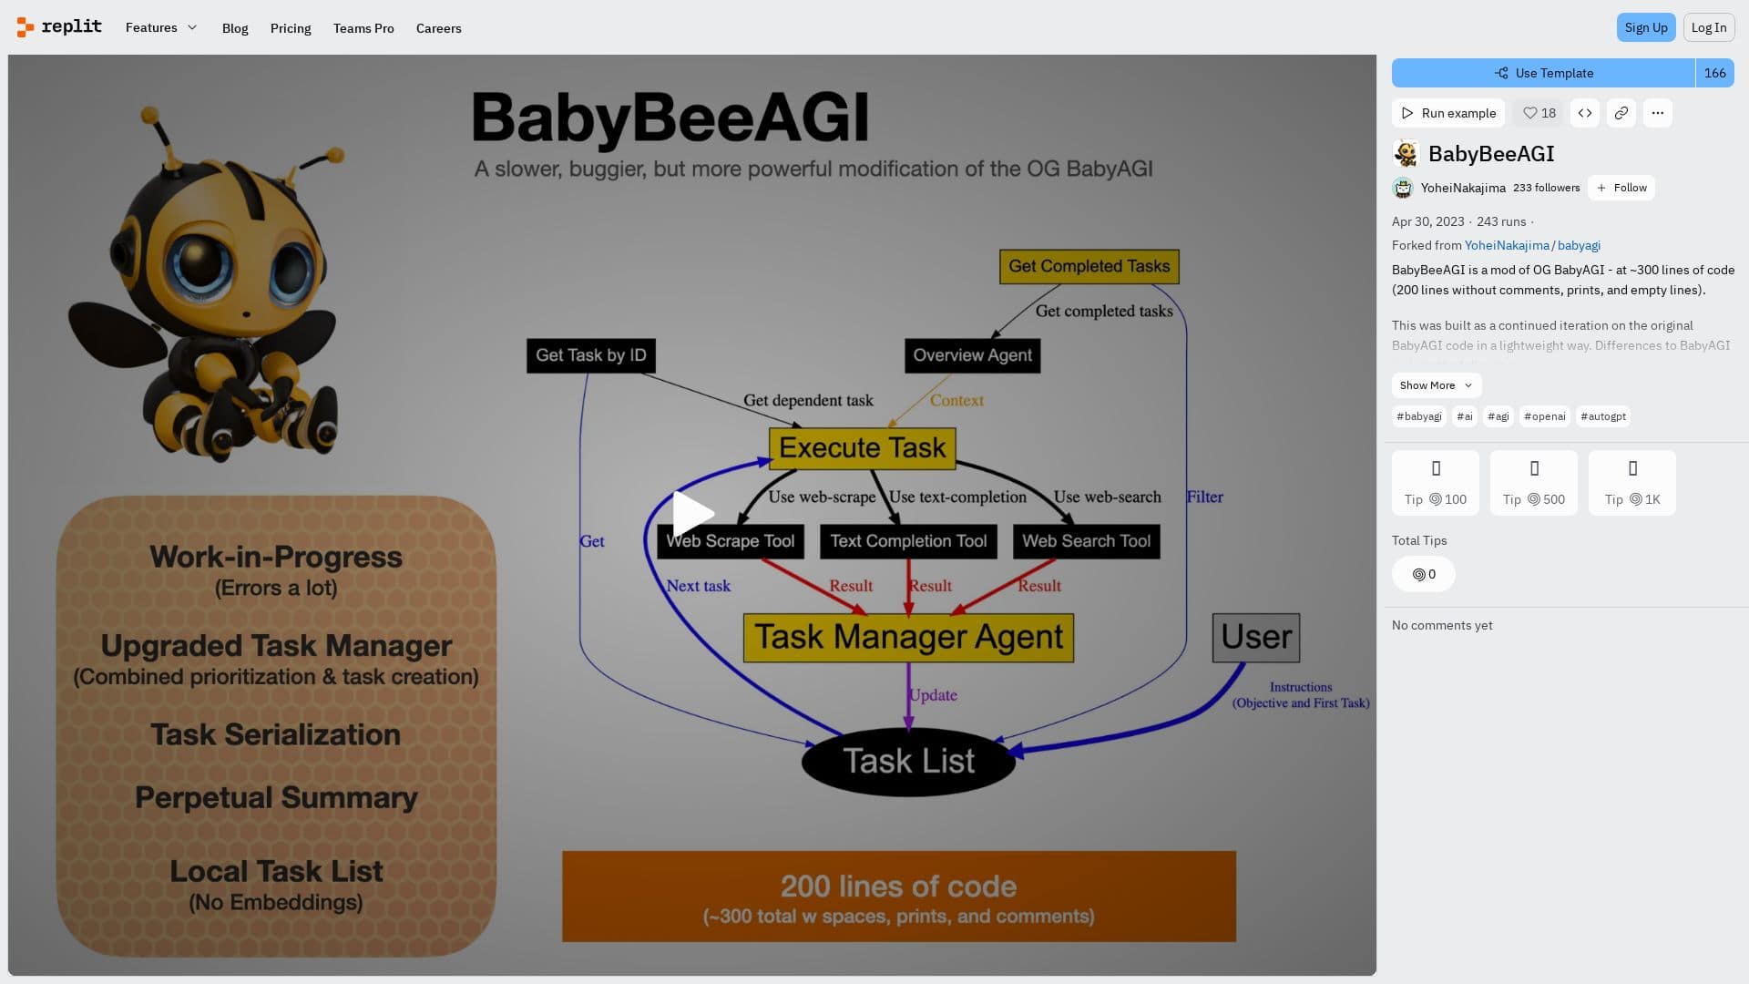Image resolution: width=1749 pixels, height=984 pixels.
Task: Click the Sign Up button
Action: pyautogui.click(x=1645, y=27)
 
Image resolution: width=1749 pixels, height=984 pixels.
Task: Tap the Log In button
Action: pyautogui.click(x=1708, y=27)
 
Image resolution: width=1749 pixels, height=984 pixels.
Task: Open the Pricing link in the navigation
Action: pyautogui.click(x=291, y=28)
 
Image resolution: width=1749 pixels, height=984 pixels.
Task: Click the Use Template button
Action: pyautogui.click(x=1543, y=73)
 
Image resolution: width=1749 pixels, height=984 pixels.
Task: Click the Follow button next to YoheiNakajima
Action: pyautogui.click(x=1621, y=188)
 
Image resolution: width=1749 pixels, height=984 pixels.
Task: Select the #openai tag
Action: pyautogui.click(x=1544, y=416)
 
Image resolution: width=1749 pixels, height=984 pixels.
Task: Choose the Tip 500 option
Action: pyautogui.click(x=1533, y=483)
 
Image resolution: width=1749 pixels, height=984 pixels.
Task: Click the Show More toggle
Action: pyautogui.click(x=1436, y=385)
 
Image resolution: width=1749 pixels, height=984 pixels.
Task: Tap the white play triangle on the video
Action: pyautogui.click(x=691, y=514)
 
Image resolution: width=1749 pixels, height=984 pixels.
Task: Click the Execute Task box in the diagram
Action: pyautogui.click(x=862, y=448)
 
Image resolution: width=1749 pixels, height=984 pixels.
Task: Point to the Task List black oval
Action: pyautogui.click(x=908, y=761)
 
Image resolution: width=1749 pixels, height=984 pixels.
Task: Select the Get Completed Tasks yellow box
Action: pyautogui.click(x=1089, y=266)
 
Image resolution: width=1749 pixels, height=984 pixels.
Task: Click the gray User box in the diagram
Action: pyautogui.click(x=1255, y=637)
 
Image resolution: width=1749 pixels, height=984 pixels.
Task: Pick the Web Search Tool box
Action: pyautogui.click(x=1086, y=541)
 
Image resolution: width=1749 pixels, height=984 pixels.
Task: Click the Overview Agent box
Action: pyautogui.click(x=972, y=355)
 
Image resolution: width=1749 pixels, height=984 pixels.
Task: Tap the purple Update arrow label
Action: pyautogui.click(x=933, y=695)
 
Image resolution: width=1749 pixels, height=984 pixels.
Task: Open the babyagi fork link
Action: pyautogui.click(x=1579, y=245)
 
